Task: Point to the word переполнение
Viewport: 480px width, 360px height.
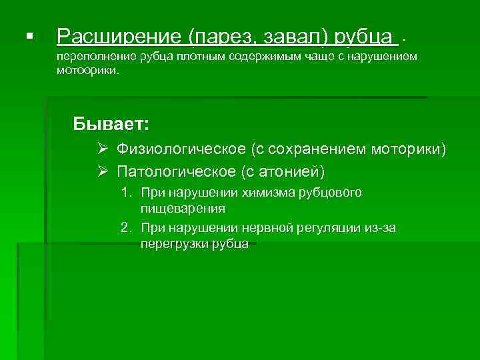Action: [x=95, y=57]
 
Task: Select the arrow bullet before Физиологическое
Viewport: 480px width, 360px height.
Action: [x=102, y=149]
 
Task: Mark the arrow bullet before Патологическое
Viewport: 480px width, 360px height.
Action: [x=102, y=172]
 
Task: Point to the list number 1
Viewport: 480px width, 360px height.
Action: [x=125, y=193]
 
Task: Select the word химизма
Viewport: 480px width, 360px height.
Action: [x=267, y=193]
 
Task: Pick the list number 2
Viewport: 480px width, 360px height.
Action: [x=125, y=229]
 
